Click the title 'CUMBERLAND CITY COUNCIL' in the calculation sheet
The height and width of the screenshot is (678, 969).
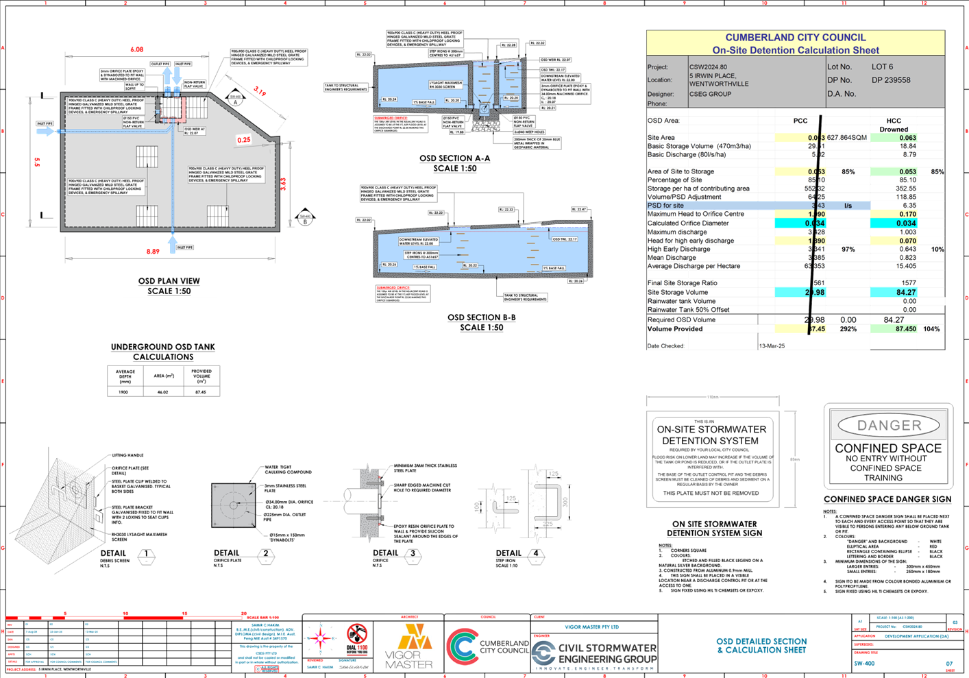(x=795, y=38)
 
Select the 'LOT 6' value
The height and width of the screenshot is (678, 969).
(x=882, y=67)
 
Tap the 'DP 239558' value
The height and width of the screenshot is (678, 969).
(x=891, y=80)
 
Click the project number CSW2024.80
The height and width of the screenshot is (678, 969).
(x=708, y=67)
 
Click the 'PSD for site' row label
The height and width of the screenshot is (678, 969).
(x=665, y=205)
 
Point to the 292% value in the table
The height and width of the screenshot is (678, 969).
(x=848, y=329)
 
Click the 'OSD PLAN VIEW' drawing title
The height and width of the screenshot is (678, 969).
(x=169, y=281)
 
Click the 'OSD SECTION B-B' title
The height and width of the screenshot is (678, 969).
(x=481, y=317)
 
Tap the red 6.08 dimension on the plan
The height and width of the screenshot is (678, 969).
(x=137, y=50)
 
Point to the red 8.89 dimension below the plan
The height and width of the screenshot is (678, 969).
(x=152, y=252)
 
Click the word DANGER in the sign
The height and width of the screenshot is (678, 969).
(x=889, y=426)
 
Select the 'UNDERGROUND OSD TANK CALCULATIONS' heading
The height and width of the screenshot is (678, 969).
(x=163, y=352)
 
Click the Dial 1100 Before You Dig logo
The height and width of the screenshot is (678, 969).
(x=356, y=638)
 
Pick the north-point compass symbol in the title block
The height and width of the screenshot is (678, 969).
(x=320, y=639)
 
